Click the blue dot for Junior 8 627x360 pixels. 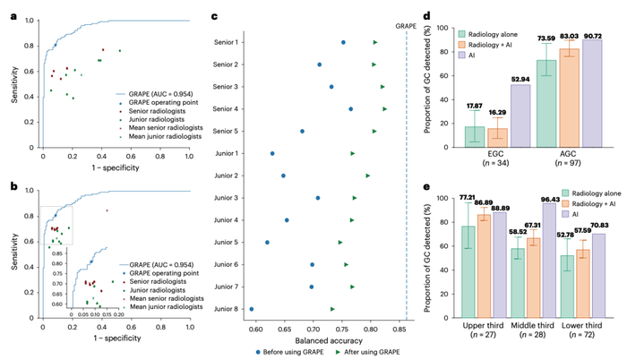(252, 309)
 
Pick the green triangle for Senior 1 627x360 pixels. (375, 42)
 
